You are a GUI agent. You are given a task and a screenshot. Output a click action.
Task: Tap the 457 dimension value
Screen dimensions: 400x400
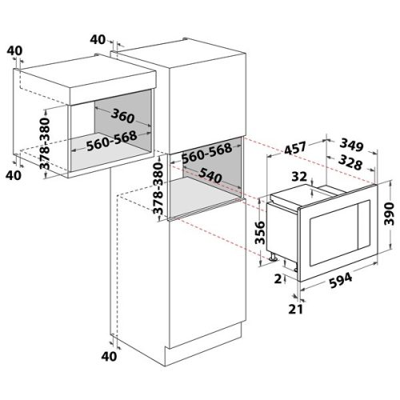click(x=296, y=148)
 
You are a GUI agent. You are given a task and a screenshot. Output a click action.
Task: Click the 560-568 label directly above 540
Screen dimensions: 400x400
click(x=206, y=148)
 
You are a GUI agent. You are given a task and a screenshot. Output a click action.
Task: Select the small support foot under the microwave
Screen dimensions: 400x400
click(x=274, y=257)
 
